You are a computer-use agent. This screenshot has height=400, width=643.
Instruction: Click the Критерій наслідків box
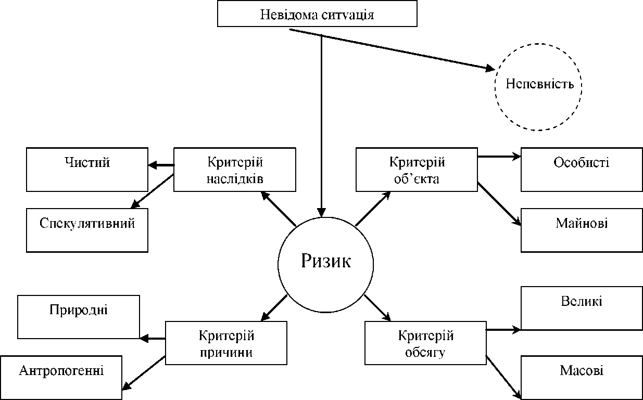(x=234, y=170)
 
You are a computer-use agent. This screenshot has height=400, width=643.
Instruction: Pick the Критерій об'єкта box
(x=417, y=170)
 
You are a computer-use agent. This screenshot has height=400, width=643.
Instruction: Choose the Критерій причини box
(x=226, y=343)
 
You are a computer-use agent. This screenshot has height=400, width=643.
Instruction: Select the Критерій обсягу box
(x=425, y=343)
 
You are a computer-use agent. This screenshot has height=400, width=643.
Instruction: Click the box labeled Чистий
(x=87, y=170)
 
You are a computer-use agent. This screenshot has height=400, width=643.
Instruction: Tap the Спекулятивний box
(x=87, y=230)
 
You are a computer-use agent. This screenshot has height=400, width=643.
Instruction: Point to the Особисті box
(x=582, y=170)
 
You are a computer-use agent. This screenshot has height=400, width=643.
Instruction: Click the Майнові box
(x=582, y=230)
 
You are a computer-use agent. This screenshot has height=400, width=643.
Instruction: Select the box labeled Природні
(x=79, y=317)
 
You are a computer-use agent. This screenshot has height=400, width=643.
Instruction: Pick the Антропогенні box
(x=61, y=377)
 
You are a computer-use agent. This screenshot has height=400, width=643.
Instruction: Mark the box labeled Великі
(x=582, y=308)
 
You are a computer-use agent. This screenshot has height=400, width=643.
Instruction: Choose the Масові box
(x=582, y=377)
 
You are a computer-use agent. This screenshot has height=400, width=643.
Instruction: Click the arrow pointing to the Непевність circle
(x=390, y=49)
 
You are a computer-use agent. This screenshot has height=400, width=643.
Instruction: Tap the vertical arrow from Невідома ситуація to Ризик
(x=322, y=125)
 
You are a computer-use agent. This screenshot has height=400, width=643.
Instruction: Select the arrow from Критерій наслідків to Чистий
(x=161, y=166)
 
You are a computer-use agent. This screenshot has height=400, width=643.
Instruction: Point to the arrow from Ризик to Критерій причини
(x=274, y=307)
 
